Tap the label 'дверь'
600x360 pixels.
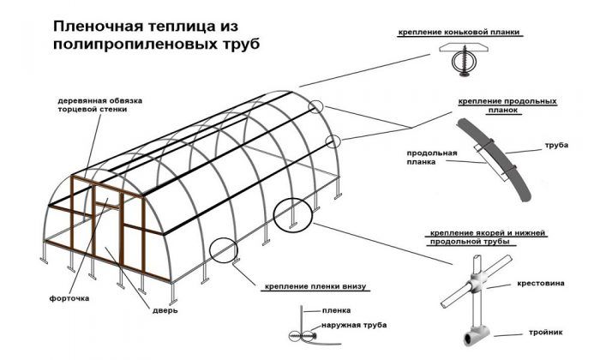pos(164,311)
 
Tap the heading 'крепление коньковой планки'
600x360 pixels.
pos(459,33)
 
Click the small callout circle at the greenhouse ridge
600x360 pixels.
pos(318,107)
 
